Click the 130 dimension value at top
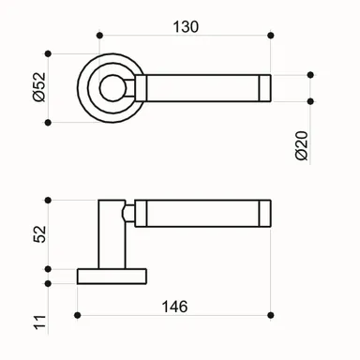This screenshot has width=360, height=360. click(x=186, y=27)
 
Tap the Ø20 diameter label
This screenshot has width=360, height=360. click(x=302, y=142)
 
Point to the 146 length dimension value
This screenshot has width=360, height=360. click(x=174, y=307)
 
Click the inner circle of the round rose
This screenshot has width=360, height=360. click(x=114, y=87)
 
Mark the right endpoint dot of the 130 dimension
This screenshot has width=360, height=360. click(x=271, y=36)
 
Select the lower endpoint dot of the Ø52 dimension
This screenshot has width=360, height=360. click(x=48, y=121)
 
